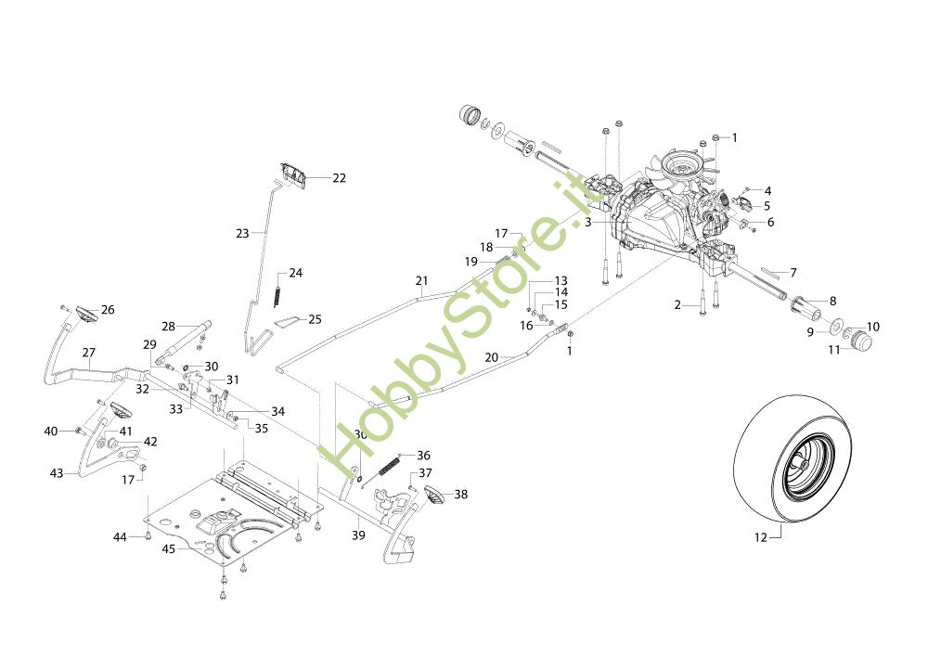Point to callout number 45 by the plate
click(169, 548)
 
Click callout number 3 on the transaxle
click(588, 223)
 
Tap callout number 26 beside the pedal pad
click(108, 310)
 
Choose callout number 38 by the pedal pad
click(460, 495)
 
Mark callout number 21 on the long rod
click(422, 280)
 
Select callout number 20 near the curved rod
click(492, 356)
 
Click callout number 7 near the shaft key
click(793, 273)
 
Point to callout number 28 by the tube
click(168, 327)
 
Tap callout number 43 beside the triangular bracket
click(57, 473)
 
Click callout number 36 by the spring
click(423, 456)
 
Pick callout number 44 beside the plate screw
click(120, 537)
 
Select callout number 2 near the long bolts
click(677, 304)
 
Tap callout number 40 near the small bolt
click(51, 431)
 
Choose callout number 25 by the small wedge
click(315, 319)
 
